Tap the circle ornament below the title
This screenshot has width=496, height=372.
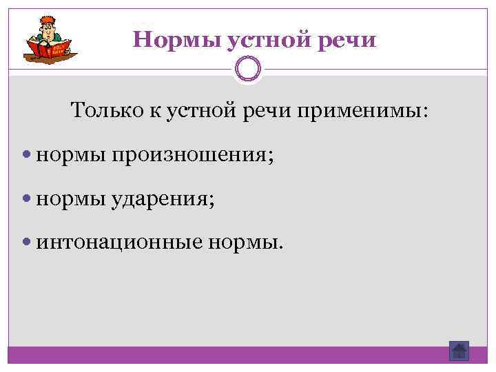coord(248,69)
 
